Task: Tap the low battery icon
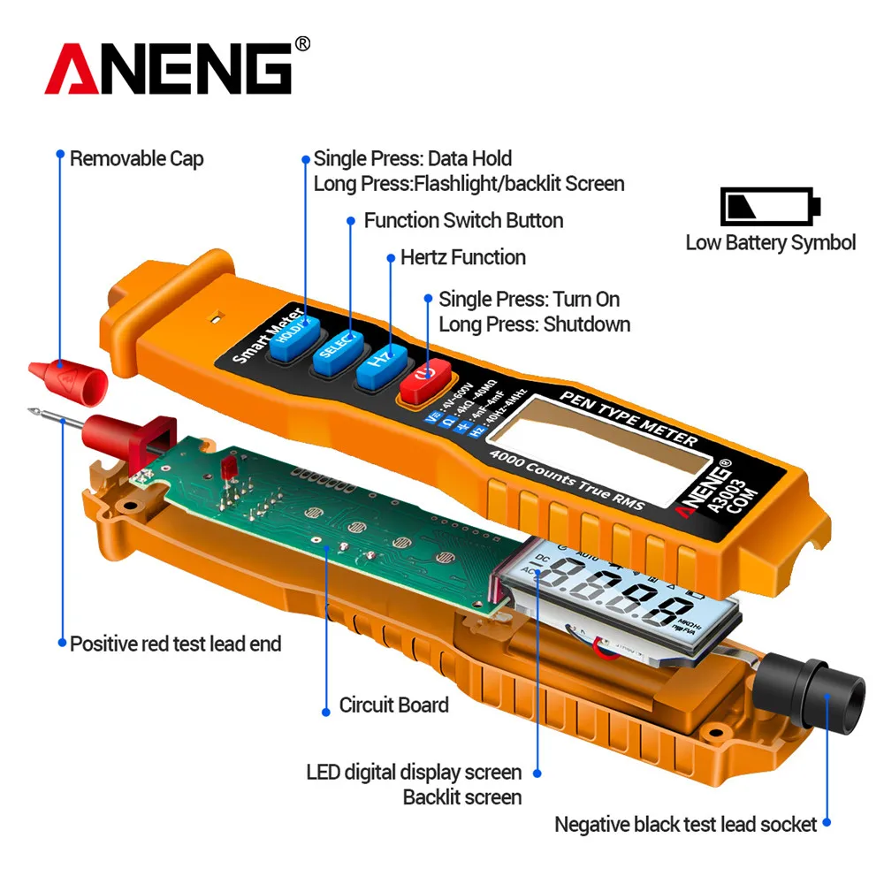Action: [x=770, y=206]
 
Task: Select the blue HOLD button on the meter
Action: [x=289, y=337]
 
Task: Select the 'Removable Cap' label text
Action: [x=137, y=159]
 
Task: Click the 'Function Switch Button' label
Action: [x=463, y=220]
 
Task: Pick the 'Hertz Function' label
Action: [x=463, y=257]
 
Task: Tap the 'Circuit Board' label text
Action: [x=393, y=705]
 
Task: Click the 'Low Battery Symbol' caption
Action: [x=770, y=242]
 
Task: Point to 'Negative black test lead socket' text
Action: [x=685, y=825]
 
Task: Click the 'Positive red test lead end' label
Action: [x=176, y=644]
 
